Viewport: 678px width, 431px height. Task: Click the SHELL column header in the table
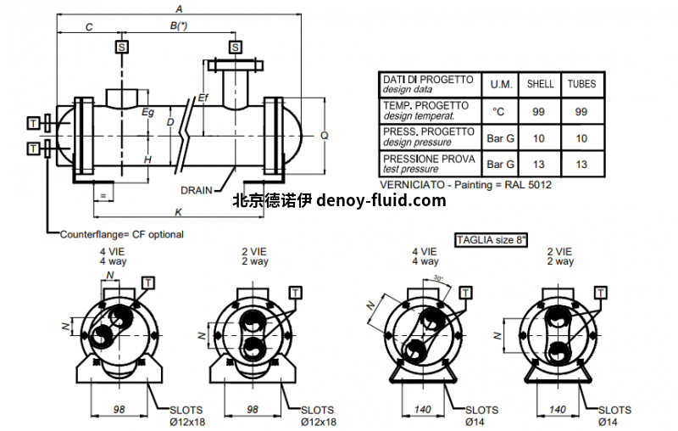pyautogui.click(x=541, y=84)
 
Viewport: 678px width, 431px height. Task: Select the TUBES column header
pyautogui.click(x=581, y=84)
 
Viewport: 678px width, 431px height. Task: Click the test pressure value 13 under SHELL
pyautogui.click(x=541, y=164)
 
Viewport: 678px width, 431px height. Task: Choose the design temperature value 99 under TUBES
pyautogui.click(x=581, y=111)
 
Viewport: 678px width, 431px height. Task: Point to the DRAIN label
pyautogui.click(x=196, y=190)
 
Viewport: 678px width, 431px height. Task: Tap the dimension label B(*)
pyautogui.click(x=178, y=27)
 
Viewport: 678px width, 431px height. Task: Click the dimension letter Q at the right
pyautogui.click(x=324, y=135)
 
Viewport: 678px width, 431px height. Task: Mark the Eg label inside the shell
pyautogui.click(x=147, y=112)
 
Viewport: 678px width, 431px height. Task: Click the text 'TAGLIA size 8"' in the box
pyautogui.click(x=492, y=240)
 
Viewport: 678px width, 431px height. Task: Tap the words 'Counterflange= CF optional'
pyautogui.click(x=121, y=234)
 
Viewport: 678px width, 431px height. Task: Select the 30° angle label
pyautogui.click(x=438, y=277)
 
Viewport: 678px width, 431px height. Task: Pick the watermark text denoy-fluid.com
pyautogui.click(x=381, y=201)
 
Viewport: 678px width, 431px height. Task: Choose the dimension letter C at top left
pyautogui.click(x=89, y=27)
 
